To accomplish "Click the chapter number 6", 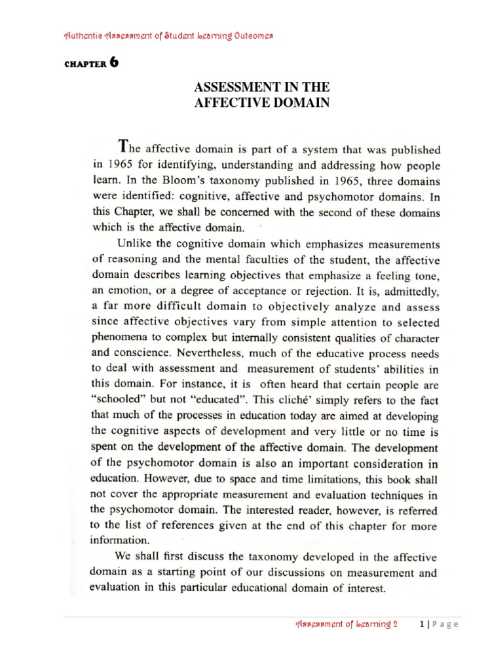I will (114, 63).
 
